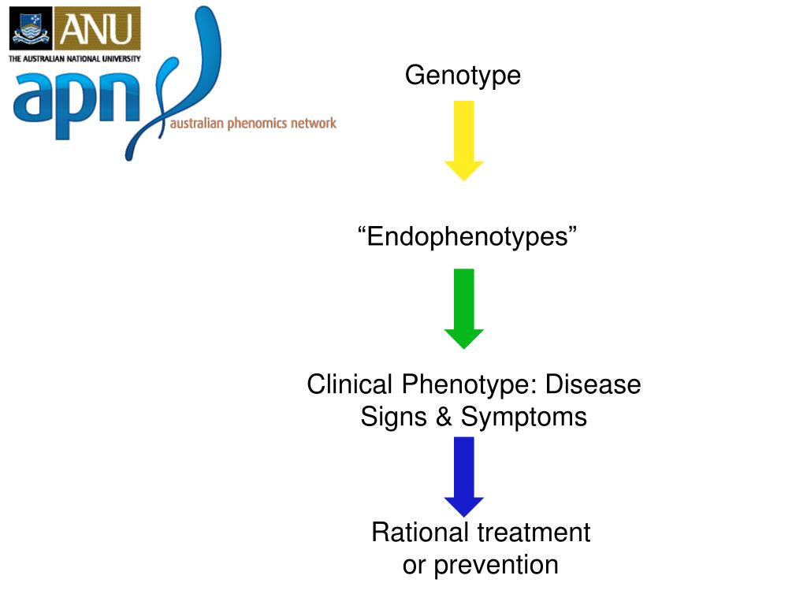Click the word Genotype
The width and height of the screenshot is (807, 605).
click(463, 76)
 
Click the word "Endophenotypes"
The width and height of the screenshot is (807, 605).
click(467, 236)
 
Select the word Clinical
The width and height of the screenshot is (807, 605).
click(350, 385)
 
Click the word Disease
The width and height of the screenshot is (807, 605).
click(593, 385)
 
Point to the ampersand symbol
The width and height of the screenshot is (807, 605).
click(444, 417)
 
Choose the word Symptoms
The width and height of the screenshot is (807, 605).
click(524, 417)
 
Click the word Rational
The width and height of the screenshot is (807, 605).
click(421, 533)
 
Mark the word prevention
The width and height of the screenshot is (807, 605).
click(496, 565)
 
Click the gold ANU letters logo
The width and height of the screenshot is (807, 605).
click(97, 29)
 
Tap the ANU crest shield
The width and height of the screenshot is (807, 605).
click(31, 29)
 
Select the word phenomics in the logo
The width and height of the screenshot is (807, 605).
click(257, 123)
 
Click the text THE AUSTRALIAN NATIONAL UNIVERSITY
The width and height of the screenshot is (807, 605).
click(74, 58)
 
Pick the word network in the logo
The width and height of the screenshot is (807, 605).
click(314, 123)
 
